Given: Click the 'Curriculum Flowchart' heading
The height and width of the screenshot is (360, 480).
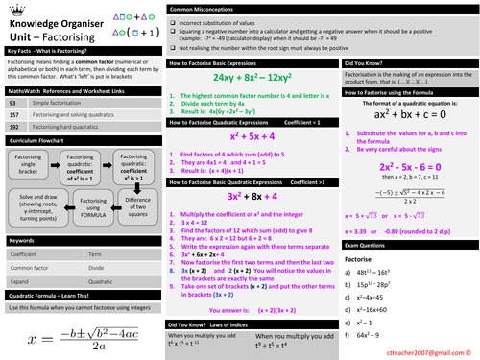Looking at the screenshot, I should [x=38, y=140].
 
